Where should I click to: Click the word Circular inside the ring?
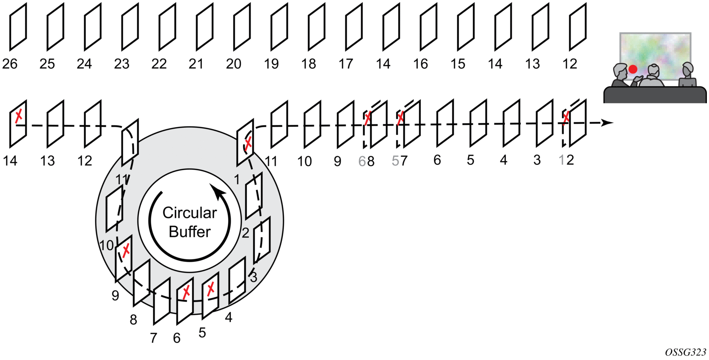[190, 213]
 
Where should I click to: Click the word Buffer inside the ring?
[190, 232]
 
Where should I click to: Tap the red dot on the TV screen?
[633, 69]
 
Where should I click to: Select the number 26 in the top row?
[10, 64]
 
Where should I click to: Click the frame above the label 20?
[242, 27]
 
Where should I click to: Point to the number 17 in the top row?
[346, 64]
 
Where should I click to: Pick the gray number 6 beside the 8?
[362, 161]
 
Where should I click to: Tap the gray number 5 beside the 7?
[395, 161]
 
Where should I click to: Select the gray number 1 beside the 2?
[562, 160]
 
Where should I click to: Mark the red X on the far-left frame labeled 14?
[19, 115]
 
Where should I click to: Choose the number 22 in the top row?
[159, 64]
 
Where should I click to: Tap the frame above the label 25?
[55, 27]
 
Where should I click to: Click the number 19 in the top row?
[271, 64]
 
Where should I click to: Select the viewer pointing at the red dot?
[621, 76]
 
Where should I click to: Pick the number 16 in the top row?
[421, 64]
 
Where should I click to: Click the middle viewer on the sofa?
[653, 76]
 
